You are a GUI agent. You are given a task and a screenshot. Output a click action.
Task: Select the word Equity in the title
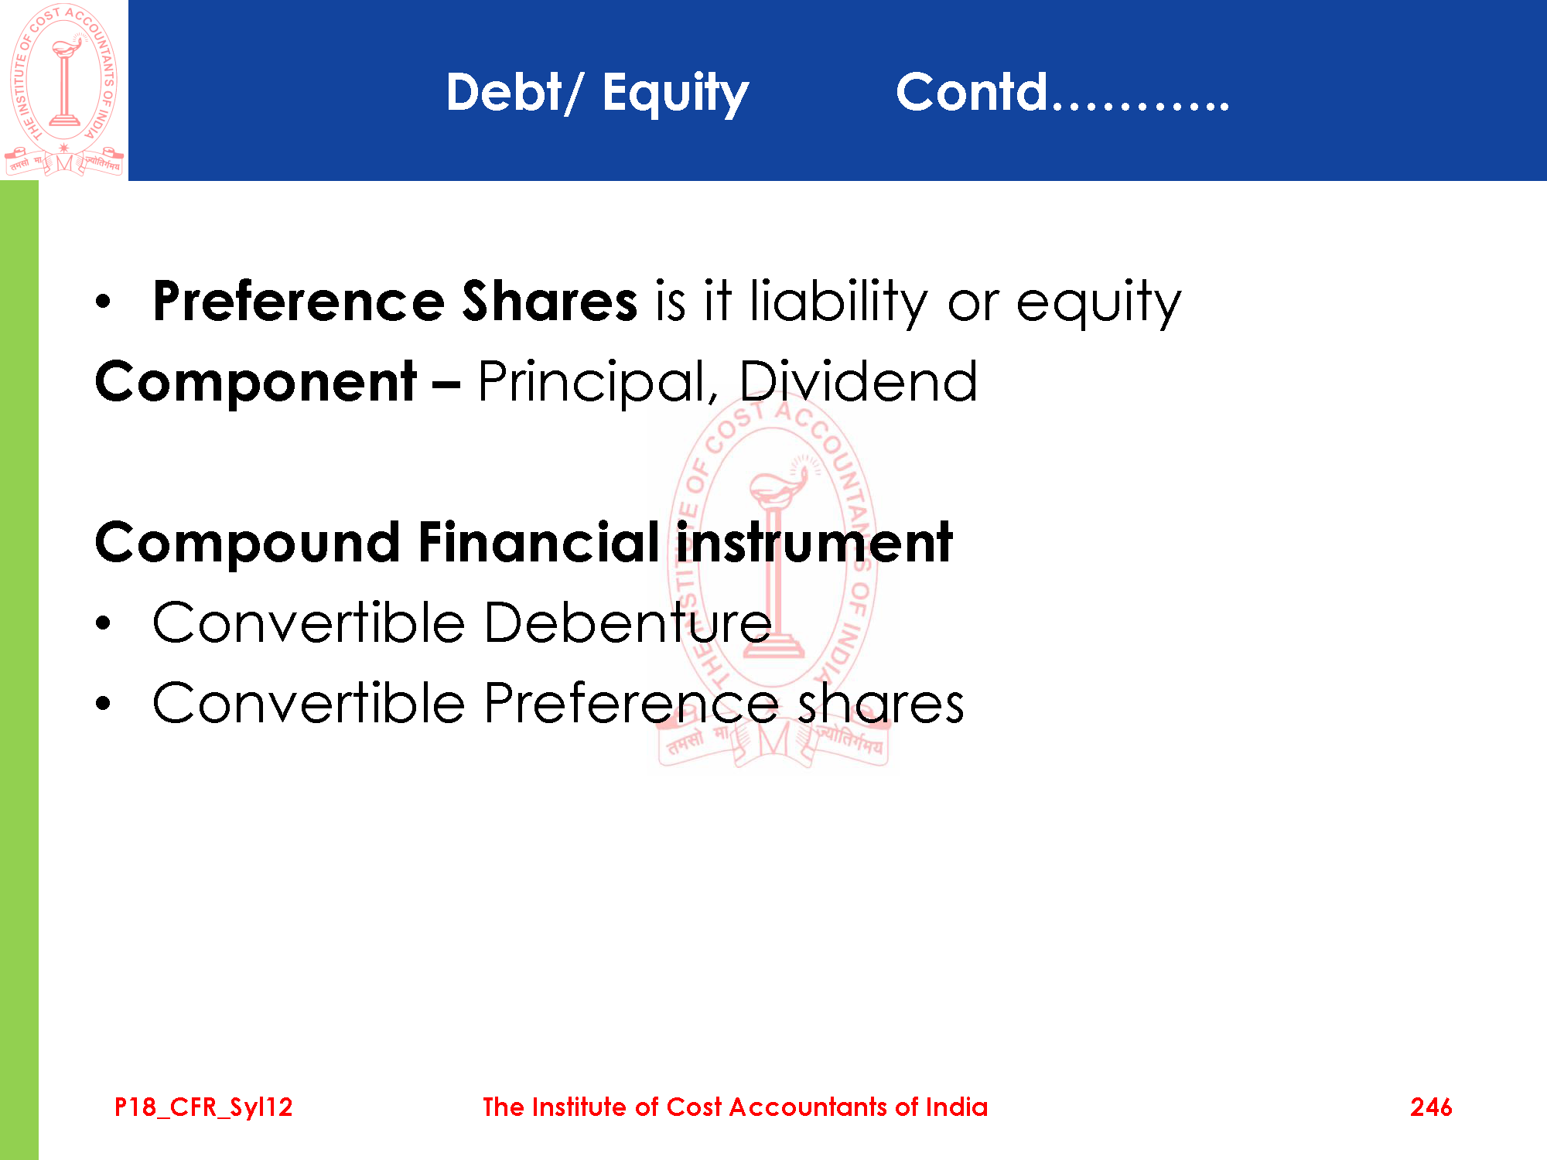[675, 94]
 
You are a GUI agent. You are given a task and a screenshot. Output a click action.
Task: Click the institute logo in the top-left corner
[64, 89]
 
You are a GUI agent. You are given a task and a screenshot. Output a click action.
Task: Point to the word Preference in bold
[299, 301]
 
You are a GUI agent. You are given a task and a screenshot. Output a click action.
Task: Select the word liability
[839, 302]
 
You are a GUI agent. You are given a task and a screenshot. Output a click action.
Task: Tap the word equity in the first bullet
[1098, 303]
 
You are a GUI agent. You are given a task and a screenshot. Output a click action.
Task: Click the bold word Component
[256, 383]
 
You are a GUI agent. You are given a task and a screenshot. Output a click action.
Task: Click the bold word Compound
[248, 544]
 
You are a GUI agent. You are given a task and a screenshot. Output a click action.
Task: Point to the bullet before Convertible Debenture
[104, 623]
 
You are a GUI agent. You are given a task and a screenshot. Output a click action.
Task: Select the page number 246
[1431, 1107]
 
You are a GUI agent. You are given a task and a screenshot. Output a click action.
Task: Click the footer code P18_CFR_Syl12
[203, 1108]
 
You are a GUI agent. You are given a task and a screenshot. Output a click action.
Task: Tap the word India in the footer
[957, 1107]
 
